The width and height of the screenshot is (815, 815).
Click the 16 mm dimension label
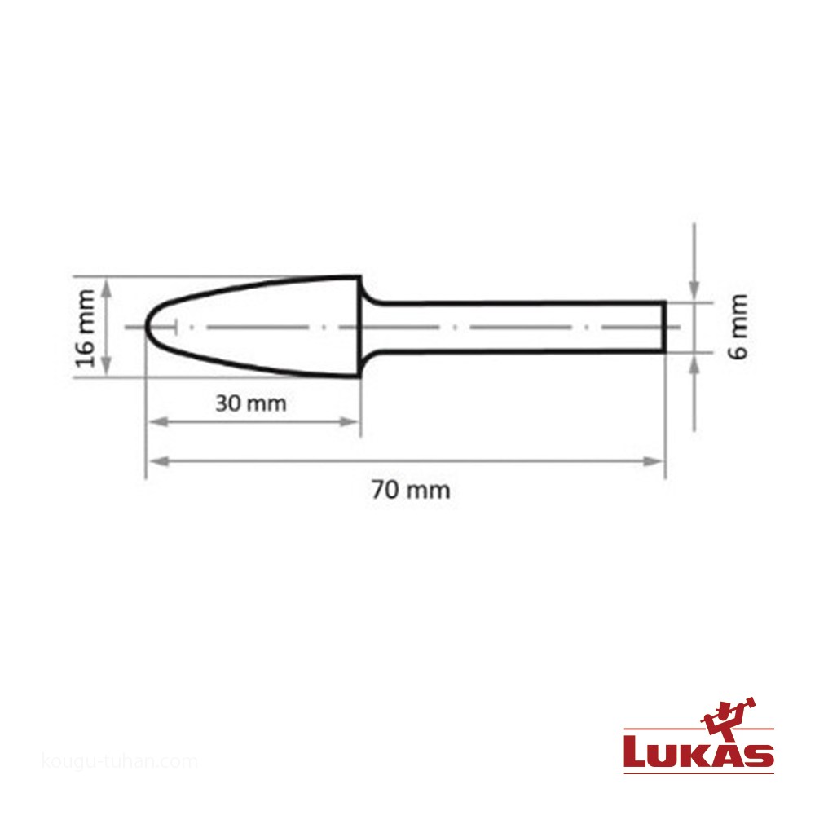[x=86, y=328]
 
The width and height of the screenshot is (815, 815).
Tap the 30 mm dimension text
[x=251, y=403]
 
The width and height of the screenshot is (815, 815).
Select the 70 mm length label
[x=411, y=490]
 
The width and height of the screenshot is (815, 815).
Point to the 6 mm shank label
[x=738, y=327]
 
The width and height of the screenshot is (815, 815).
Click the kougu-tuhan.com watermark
[x=120, y=762]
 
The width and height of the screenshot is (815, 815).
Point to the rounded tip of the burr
[x=146, y=327]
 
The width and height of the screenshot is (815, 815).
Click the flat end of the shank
[x=663, y=327]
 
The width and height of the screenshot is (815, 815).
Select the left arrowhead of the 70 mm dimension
[x=159, y=461]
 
